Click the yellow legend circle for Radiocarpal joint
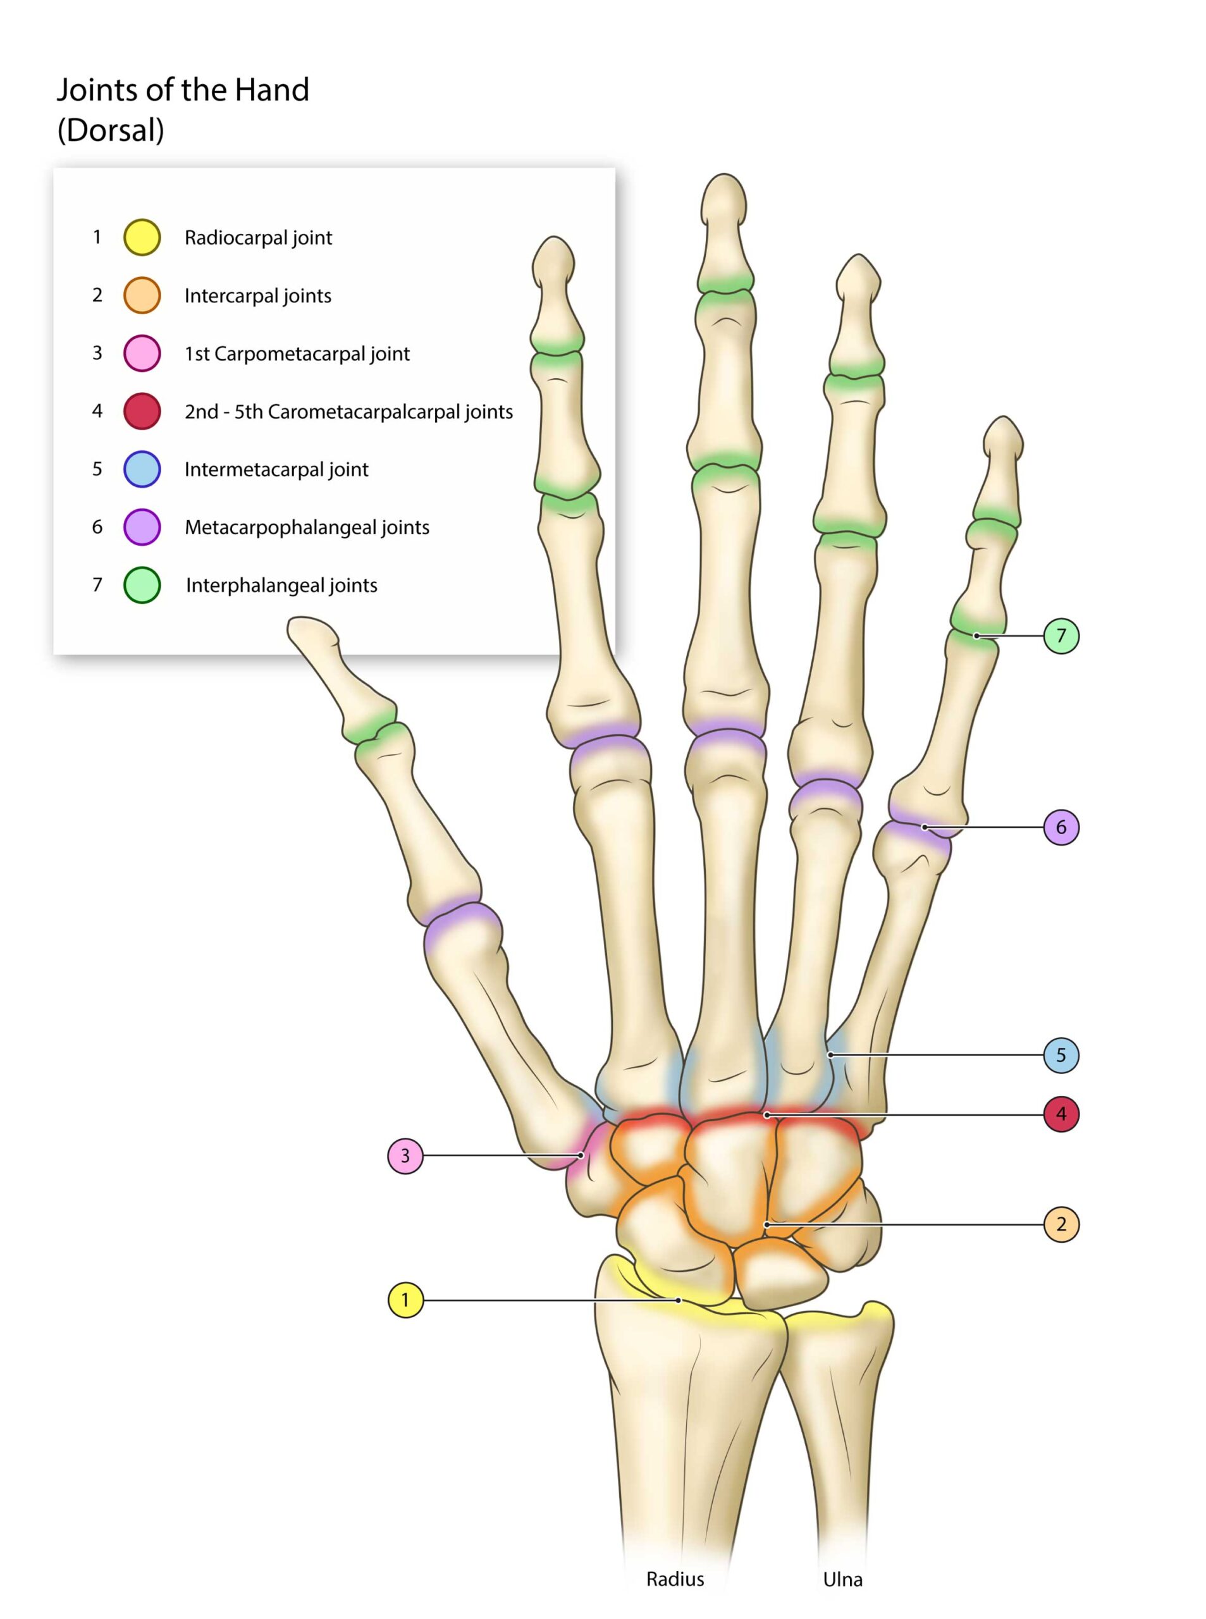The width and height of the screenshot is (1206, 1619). pyautogui.click(x=142, y=237)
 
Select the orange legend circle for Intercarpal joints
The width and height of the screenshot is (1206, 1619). pyautogui.click(x=142, y=295)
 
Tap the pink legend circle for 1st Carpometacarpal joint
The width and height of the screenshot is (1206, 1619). pyautogui.click(x=142, y=354)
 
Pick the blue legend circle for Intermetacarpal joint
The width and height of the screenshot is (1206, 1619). pyautogui.click(x=142, y=469)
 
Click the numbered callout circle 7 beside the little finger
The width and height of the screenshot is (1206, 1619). pyautogui.click(x=1061, y=636)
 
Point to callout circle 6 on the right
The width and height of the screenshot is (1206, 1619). pyautogui.click(x=1061, y=827)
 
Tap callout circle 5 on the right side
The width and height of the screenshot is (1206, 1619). pyautogui.click(x=1061, y=1055)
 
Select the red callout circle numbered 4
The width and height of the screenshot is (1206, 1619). pyautogui.click(x=1061, y=1114)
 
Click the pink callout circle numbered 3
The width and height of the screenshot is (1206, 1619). pyautogui.click(x=405, y=1155)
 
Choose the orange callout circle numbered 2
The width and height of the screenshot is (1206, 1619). pyautogui.click(x=1061, y=1224)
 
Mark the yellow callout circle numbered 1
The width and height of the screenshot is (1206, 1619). pyautogui.click(x=405, y=1300)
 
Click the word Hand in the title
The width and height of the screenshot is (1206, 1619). pyautogui.click(x=271, y=90)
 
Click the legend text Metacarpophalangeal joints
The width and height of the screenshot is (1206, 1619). pyautogui.click(x=307, y=527)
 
